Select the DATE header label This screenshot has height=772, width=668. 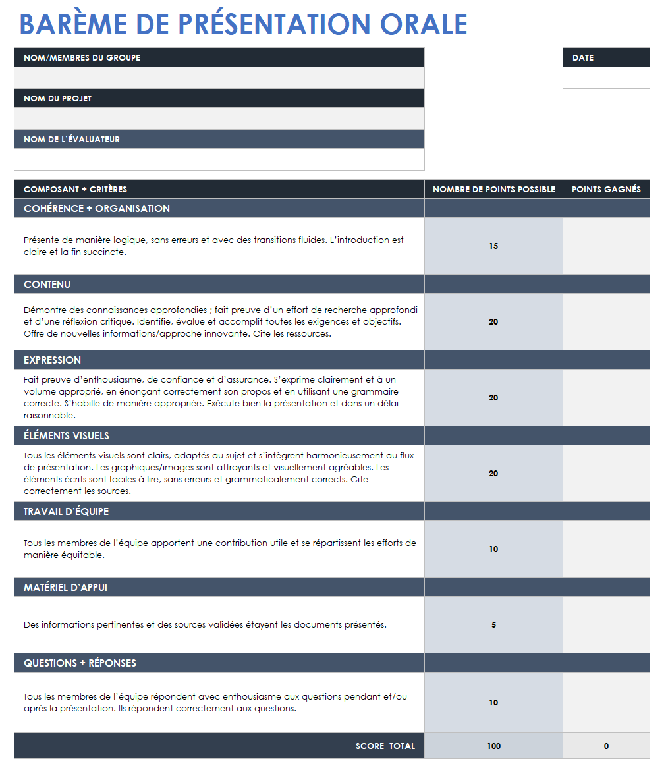tap(583, 58)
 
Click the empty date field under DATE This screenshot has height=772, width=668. tap(605, 78)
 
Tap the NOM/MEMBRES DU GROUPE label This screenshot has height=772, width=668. tap(82, 58)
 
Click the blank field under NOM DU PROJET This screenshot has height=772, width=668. tap(219, 119)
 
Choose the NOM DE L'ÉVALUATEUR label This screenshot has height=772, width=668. tap(72, 140)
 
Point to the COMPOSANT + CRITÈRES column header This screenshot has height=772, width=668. tap(75, 190)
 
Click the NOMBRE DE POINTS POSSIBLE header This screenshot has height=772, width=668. tap(493, 190)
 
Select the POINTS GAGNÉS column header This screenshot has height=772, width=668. tap(605, 190)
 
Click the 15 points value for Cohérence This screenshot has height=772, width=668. tap(493, 246)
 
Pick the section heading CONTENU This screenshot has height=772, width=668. tap(47, 285)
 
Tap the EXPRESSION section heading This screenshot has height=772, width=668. tap(52, 360)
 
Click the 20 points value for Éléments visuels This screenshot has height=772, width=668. tap(493, 474)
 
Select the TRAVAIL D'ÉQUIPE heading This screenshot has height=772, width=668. tap(66, 512)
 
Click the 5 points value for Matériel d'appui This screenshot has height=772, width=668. tap(493, 625)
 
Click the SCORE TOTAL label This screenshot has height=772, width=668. tap(385, 746)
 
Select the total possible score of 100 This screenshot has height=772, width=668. tap(493, 746)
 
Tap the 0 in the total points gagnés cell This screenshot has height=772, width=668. tap(605, 746)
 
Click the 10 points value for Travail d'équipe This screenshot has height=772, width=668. tap(493, 549)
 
